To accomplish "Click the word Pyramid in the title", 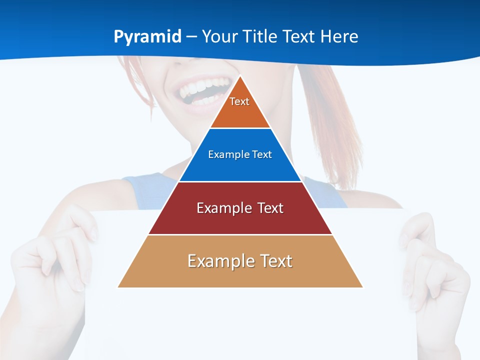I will click(x=147, y=37).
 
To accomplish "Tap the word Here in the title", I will click(x=339, y=37).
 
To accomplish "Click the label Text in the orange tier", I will click(x=239, y=101).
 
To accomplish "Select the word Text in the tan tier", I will click(x=275, y=261).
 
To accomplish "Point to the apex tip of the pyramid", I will click(x=240, y=76).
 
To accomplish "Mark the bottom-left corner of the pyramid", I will click(x=118, y=287).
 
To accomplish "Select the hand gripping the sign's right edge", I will click(x=435, y=265).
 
